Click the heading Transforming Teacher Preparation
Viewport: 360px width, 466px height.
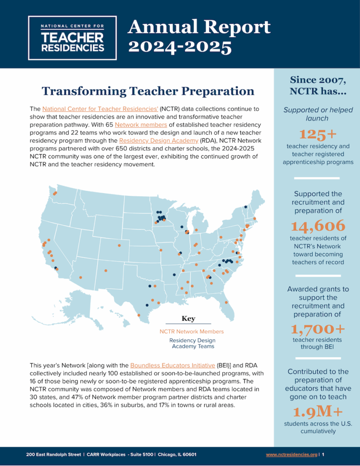point(148,91)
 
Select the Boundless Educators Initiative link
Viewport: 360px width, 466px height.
point(172,365)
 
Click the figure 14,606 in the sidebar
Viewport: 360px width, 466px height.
point(318,226)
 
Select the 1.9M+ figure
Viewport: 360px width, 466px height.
point(318,412)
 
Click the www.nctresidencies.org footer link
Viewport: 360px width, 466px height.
point(291,454)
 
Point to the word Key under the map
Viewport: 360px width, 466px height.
point(188,319)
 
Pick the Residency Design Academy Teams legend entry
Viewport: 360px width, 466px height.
point(192,343)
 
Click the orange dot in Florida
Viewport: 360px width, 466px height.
point(226,302)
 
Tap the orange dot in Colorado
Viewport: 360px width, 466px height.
point(120,246)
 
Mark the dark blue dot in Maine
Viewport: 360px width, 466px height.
point(246,207)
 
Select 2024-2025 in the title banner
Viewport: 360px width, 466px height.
point(179,47)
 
